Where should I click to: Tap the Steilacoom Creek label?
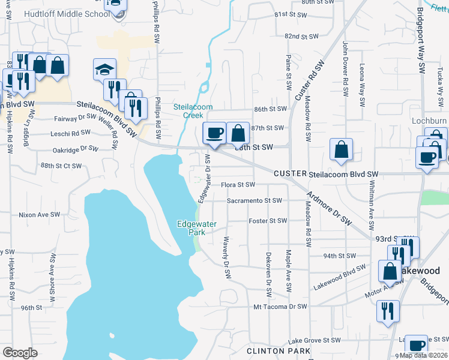tap(193, 110)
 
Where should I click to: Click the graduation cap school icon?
tap(104, 69)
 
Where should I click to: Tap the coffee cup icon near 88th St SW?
tap(214, 133)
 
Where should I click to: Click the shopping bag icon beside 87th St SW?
tap(238, 133)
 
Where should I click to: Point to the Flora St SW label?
tap(238, 185)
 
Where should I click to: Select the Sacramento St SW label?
tap(254, 200)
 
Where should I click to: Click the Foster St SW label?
tap(268, 221)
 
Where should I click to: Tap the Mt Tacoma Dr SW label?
tap(280, 306)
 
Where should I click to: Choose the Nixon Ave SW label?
tap(40, 214)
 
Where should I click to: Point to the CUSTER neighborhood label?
tap(290, 173)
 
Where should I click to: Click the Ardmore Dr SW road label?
tap(328, 208)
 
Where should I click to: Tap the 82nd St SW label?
tap(301, 37)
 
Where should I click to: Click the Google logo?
tap(20, 352)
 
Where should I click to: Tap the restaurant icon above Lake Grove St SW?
tap(387, 311)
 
